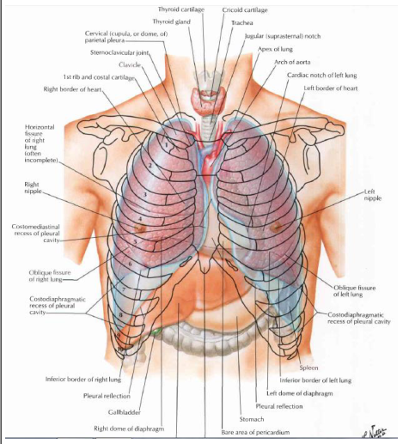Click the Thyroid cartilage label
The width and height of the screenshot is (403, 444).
point(181,9)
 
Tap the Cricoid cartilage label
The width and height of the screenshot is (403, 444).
point(245,10)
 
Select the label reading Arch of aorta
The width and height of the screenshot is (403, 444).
point(292,62)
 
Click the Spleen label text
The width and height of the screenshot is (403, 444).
point(308,368)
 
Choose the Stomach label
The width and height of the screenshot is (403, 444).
point(252,419)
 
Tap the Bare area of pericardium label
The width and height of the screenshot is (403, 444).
point(255,432)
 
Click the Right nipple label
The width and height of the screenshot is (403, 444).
point(33,187)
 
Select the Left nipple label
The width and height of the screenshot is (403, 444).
point(372,195)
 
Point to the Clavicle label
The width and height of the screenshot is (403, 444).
point(130,65)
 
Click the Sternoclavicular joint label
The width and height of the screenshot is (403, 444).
point(119,52)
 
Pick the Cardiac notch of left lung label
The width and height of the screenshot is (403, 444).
point(322,76)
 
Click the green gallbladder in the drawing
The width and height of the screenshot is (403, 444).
point(156,332)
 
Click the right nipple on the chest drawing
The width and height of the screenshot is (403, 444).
point(140,228)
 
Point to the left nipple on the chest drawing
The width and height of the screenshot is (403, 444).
point(276,228)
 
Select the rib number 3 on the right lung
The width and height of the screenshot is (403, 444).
point(145,195)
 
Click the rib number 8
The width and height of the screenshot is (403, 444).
point(121,315)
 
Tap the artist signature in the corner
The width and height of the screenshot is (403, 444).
point(375,432)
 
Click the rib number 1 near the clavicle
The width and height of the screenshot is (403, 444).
point(167,145)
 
